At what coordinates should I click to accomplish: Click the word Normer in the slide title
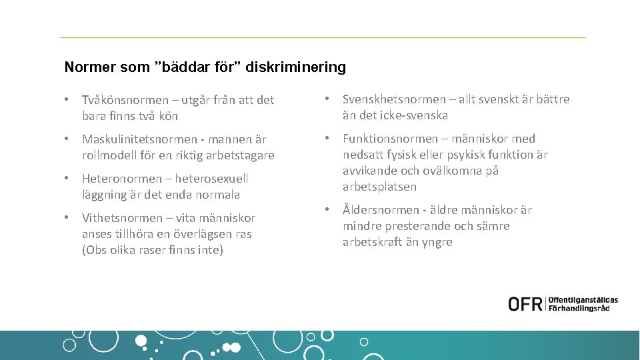(85, 67)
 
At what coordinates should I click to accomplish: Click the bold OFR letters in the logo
(526, 304)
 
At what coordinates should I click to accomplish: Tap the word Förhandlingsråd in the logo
(579, 309)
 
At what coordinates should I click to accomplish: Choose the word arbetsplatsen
(379, 187)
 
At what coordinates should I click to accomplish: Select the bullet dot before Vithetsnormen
(67, 218)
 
